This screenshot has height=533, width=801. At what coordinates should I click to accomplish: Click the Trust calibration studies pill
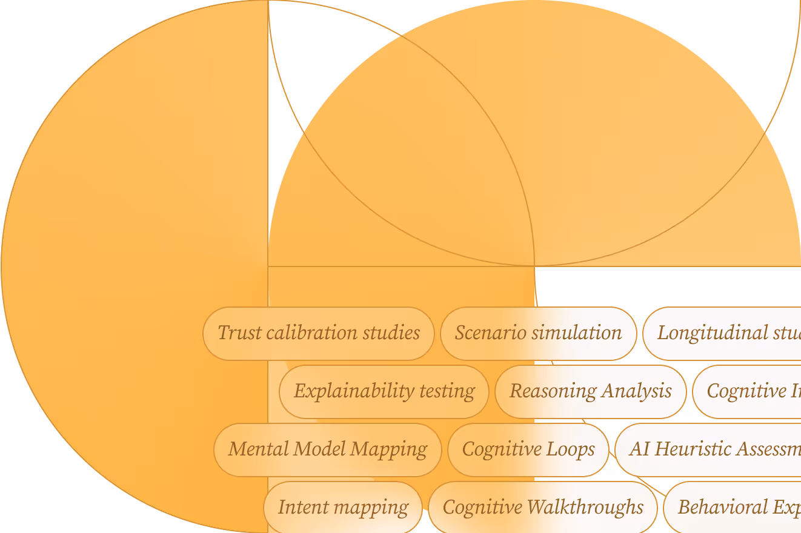[x=319, y=333]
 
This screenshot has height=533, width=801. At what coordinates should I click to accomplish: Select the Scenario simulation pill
[x=538, y=333]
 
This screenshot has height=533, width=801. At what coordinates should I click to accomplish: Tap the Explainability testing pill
[x=384, y=391]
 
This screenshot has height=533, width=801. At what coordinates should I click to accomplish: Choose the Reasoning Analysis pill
[x=590, y=391]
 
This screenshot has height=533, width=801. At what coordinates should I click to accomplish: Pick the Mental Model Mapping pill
[x=327, y=449]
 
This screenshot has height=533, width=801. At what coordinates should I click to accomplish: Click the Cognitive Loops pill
[x=528, y=449]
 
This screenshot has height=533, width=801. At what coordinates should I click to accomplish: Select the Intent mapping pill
[x=343, y=508]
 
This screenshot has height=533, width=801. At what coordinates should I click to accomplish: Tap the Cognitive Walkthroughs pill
[x=543, y=508]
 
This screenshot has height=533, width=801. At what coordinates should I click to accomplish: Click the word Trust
[x=239, y=333]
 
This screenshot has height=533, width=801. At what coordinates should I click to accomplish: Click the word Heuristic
[x=693, y=449]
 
